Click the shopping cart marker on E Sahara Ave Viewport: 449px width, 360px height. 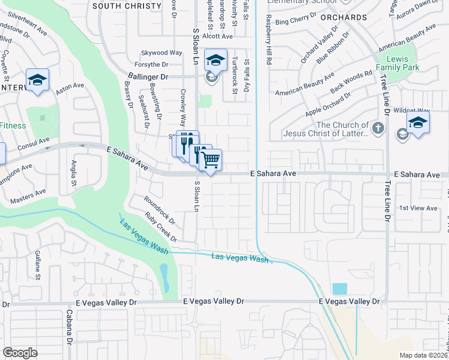(x=210, y=160)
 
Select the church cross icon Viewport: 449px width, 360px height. (x=378, y=128)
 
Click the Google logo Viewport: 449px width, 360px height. (x=20, y=353)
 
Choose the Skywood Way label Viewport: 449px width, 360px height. (x=161, y=53)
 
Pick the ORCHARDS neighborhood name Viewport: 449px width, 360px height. (x=343, y=17)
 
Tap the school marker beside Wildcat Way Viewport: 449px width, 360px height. (x=418, y=124)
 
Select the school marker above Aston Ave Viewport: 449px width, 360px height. (x=37, y=80)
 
